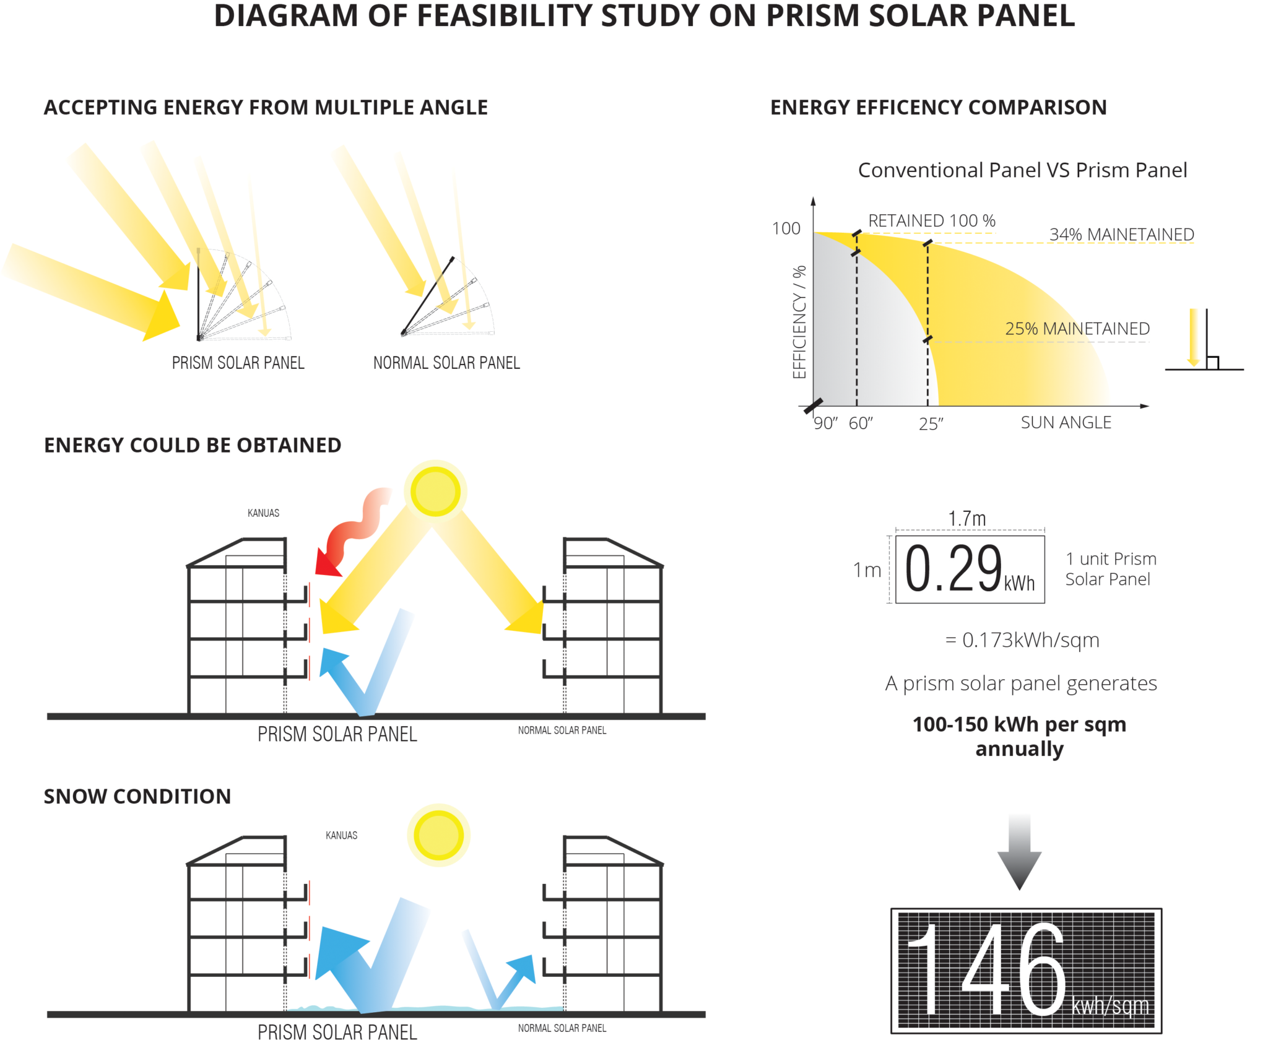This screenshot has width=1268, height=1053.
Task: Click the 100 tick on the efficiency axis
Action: [x=786, y=229]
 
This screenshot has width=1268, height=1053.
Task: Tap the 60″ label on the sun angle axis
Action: [x=861, y=423]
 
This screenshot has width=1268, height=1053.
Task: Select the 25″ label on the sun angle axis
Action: [x=931, y=424]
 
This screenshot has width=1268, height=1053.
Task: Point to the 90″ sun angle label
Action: [x=825, y=423]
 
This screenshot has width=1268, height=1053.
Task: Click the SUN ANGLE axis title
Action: [x=1066, y=423]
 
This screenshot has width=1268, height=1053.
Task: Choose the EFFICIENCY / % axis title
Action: [x=799, y=322]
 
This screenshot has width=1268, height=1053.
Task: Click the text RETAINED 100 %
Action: [x=932, y=221]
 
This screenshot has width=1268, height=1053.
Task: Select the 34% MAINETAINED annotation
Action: [x=1121, y=235]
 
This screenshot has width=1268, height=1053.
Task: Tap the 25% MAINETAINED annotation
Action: [x=1077, y=329]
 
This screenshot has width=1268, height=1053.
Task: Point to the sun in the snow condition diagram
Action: [x=438, y=835]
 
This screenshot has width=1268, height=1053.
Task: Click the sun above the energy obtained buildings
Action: [x=435, y=492]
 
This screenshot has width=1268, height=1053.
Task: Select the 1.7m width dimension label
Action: [x=967, y=519]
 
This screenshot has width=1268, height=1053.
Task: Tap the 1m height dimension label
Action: [x=867, y=570]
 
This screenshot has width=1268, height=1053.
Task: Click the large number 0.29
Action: [x=953, y=568]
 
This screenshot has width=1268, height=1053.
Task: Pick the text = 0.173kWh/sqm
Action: [x=1022, y=640]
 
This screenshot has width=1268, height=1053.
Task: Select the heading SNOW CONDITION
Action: [x=137, y=797]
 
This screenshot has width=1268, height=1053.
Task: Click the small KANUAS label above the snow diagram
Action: [x=341, y=836]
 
